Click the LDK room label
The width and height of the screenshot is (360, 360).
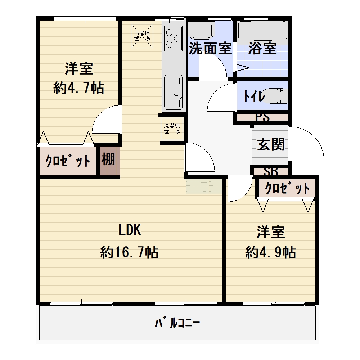(x=130, y=230)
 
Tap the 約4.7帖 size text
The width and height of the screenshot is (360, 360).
(x=79, y=88)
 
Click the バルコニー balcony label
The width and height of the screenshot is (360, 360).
(x=177, y=323)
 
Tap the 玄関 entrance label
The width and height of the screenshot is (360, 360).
(x=271, y=144)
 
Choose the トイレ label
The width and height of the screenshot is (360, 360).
(x=254, y=96)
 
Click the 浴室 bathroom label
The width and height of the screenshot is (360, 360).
(x=262, y=49)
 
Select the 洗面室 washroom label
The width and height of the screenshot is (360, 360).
(x=210, y=49)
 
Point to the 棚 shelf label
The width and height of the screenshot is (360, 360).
(x=108, y=159)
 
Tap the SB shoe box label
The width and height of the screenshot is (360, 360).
(x=271, y=171)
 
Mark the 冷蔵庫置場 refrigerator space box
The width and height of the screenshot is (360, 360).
(x=142, y=36)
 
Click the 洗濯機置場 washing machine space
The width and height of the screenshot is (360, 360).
(x=172, y=129)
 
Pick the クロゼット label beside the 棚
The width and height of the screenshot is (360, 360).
(x=68, y=161)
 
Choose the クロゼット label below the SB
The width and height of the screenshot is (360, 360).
(x=287, y=188)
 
